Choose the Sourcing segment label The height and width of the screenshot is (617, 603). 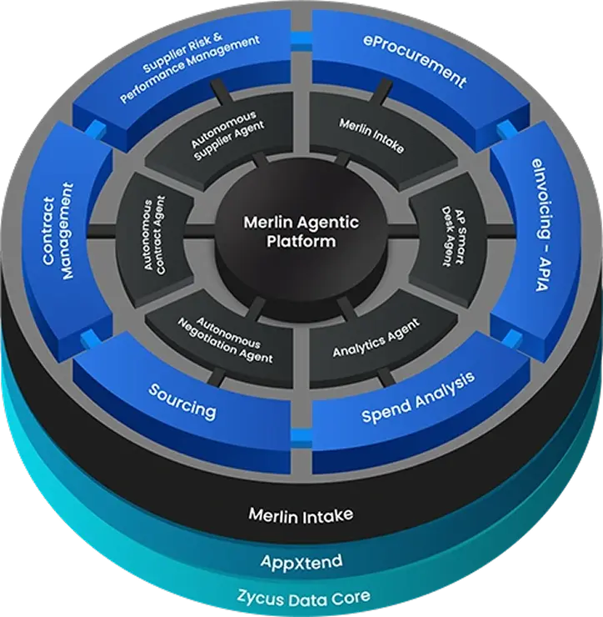182,399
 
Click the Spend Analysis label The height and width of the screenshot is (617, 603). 418,396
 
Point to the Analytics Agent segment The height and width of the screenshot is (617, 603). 376,339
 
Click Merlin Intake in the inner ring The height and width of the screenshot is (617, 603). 371,135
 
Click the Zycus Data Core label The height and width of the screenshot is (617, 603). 301,597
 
